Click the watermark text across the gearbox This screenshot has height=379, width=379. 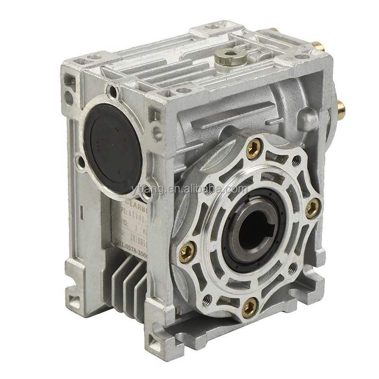click(189, 189)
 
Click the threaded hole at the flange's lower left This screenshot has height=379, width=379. click(207, 298)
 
